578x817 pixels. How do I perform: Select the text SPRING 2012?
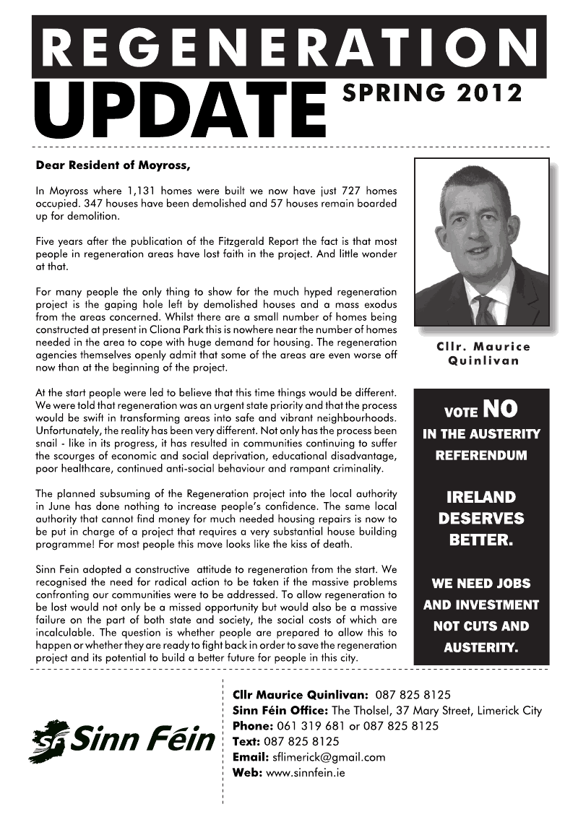coord(432,92)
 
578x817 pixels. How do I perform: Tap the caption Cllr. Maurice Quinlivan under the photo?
coord(483,354)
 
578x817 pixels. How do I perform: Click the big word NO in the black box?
coord(500,409)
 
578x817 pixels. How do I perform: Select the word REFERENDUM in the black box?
coord(481,456)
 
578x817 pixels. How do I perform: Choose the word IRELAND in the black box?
coord(481,498)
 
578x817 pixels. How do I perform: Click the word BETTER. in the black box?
coord(481,540)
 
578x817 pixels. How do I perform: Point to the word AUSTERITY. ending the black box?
coord(481,648)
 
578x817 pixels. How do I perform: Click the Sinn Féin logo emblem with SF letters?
coord(50,740)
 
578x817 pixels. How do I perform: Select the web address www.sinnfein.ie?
coord(306,773)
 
